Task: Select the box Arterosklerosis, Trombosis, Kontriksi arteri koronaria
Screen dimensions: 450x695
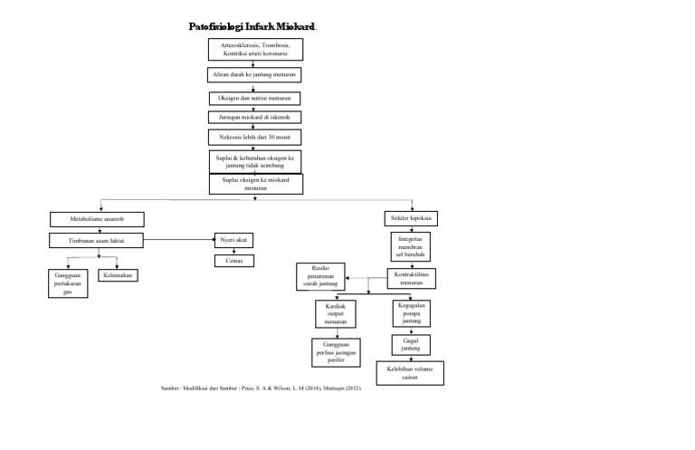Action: pos(254,49)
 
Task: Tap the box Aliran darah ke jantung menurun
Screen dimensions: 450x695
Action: pos(254,74)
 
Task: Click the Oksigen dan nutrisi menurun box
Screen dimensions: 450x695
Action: pos(254,97)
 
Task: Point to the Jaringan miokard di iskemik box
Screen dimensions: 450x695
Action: pos(254,118)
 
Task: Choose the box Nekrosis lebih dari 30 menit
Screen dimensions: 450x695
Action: pos(254,138)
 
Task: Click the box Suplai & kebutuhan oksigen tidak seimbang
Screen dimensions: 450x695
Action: pos(254,160)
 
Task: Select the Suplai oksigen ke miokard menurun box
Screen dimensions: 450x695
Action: pos(255,184)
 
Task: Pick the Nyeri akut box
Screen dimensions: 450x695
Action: pos(234,240)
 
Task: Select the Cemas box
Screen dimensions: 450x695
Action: pos(234,261)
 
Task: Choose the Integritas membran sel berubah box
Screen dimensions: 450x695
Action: pos(412,248)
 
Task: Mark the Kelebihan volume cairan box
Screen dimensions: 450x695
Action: pos(410,374)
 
